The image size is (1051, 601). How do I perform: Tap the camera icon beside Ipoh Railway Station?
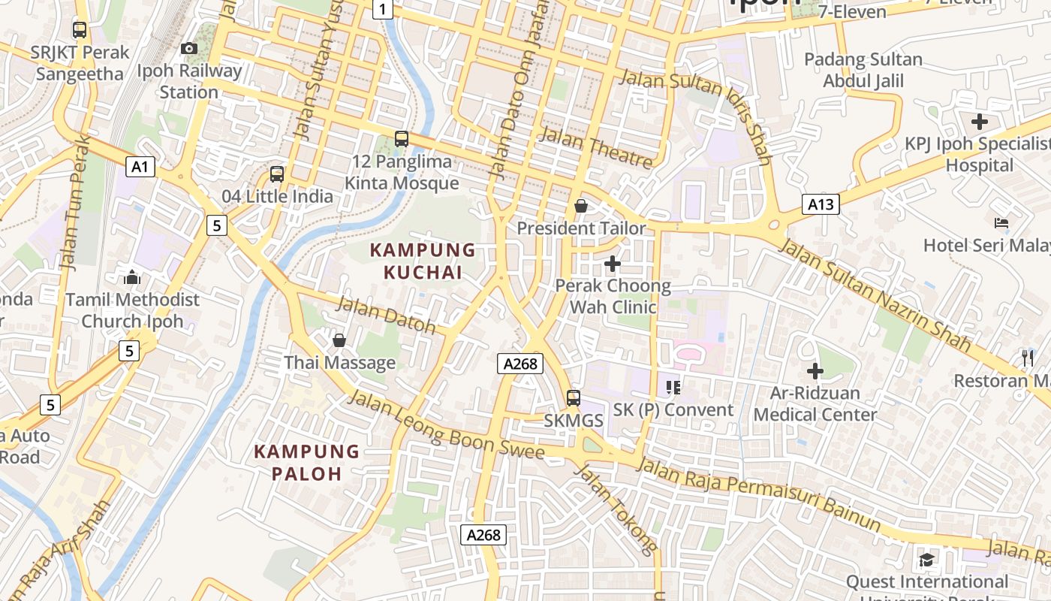click(x=189, y=49)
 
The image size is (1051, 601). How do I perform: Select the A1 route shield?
click(x=140, y=167)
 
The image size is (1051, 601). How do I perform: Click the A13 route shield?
click(x=820, y=204)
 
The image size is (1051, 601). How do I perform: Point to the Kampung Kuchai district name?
click(x=423, y=261)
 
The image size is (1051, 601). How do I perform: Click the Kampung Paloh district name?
click(x=306, y=463)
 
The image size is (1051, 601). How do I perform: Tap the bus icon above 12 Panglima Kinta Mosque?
click(x=402, y=139)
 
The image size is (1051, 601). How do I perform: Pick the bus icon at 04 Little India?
click(x=277, y=174)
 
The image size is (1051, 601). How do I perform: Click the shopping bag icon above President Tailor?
click(x=581, y=206)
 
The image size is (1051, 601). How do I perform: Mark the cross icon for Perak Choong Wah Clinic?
click(x=613, y=264)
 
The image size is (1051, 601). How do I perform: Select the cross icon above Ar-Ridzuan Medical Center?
click(x=815, y=370)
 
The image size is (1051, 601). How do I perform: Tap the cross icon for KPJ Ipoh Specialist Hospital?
click(x=980, y=122)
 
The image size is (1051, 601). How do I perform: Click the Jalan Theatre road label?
click(x=596, y=148)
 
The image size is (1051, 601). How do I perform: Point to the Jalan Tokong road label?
click(x=616, y=509)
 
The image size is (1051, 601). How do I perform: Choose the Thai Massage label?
click(x=339, y=363)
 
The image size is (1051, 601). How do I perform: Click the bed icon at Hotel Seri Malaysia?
click(x=1001, y=223)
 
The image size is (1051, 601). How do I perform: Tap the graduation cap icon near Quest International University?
click(x=927, y=560)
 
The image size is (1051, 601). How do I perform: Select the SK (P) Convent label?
click(x=673, y=410)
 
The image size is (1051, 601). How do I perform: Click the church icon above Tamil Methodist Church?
click(x=133, y=278)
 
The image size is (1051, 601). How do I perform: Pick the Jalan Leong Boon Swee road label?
click(x=446, y=425)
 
